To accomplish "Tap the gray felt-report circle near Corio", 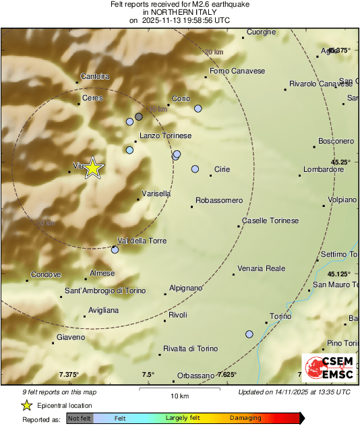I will point(139,117).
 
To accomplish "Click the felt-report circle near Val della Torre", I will point(115,250).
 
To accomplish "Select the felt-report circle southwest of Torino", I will point(249,334).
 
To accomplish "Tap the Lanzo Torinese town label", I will point(165,136).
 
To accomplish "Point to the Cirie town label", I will point(222,169).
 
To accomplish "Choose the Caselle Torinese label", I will point(270,220).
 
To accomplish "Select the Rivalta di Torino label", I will point(191,348).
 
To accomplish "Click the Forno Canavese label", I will point(237,71).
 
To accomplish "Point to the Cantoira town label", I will point(94,77).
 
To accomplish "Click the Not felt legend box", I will point(80,419).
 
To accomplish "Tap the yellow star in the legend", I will point(26,405).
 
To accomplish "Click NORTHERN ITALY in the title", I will point(179,12).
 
